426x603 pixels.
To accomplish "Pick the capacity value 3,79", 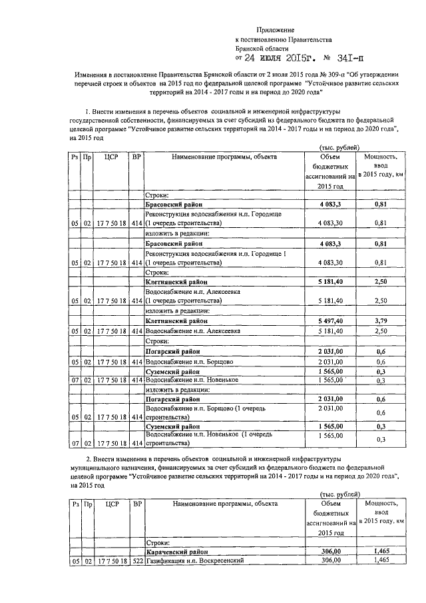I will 380,320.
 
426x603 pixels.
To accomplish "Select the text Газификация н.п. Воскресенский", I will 192,561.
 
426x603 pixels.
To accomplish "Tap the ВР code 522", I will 136,561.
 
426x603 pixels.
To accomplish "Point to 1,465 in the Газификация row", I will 380,561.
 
